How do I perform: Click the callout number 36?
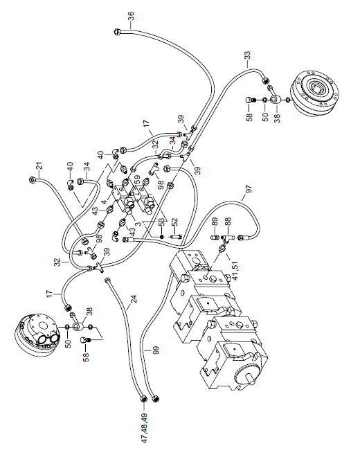(131, 16)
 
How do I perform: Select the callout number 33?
(247, 55)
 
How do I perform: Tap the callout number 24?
(134, 299)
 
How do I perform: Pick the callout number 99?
(156, 350)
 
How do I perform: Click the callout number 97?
(249, 189)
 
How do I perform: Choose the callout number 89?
(215, 222)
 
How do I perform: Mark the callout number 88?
(228, 222)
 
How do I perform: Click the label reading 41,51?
(235, 271)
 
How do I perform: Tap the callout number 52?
(174, 222)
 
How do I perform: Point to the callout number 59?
(137, 178)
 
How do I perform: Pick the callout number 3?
(138, 224)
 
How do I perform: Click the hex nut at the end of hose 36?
(117, 31)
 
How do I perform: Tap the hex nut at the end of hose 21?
(32, 179)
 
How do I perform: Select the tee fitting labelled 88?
(228, 238)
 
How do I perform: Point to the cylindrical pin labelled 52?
(175, 236)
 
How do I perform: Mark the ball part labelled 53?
(162, 237)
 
